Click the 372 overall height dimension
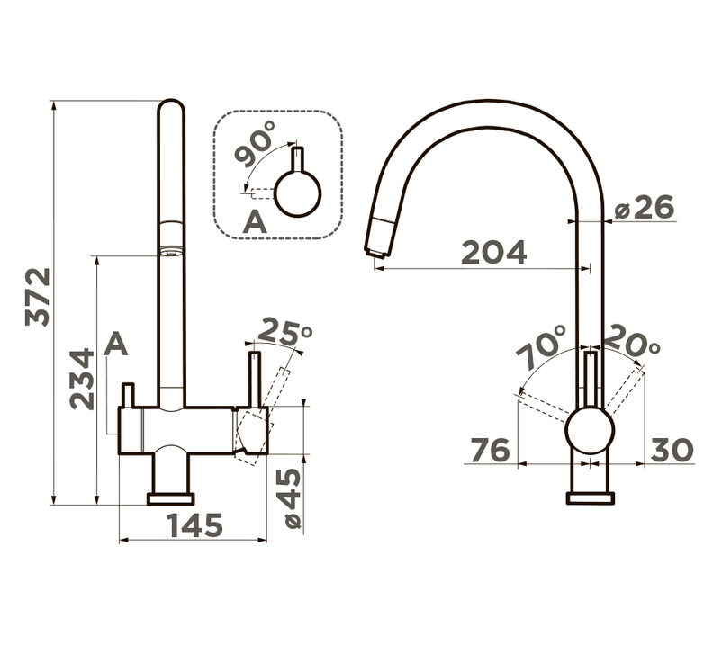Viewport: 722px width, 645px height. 38,297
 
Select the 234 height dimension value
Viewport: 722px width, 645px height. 82,380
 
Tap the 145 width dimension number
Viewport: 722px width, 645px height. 194,525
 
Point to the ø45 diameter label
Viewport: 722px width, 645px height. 293,497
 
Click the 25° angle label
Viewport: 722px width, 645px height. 285,332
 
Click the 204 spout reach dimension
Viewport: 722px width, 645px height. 493,252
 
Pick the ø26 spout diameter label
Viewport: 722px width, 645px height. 645,207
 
